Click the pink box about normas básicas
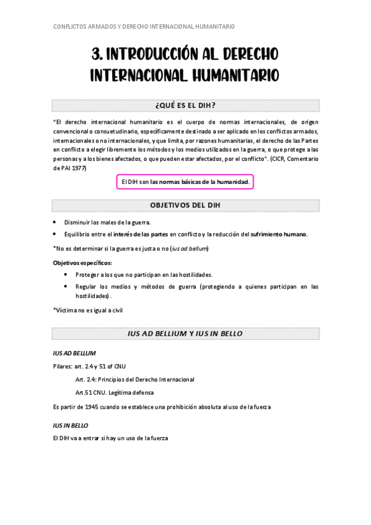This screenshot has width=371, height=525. click(x=185, y=182)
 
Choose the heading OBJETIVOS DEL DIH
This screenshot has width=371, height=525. click(x=185, y=205)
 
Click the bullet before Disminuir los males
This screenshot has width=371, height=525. click(x=55, y=222)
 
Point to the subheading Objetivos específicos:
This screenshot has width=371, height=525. click(x=77, y=263)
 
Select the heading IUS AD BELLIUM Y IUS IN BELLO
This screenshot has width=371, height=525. click(x=185, y=334)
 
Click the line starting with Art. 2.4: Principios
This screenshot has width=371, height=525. click(x=134, y=379)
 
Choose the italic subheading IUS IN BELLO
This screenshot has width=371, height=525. click(x=71, y=426)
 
